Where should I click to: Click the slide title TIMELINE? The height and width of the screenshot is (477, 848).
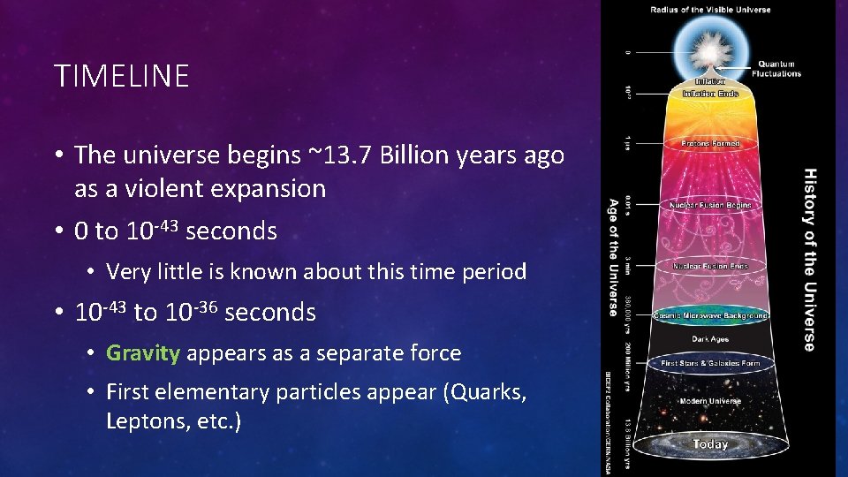click(x=122, y=76)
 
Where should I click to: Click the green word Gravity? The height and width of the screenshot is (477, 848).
click(x=143, y=353)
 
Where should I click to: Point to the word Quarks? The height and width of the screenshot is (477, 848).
click(x=485, y=392)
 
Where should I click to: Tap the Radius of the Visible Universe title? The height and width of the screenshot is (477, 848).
click(x=710, y=10)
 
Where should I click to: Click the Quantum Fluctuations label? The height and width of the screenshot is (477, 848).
click(x=776, y=69)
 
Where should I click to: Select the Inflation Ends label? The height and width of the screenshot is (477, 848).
click(x=710, y=93)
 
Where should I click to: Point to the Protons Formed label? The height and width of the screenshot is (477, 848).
click(x=710, y=143)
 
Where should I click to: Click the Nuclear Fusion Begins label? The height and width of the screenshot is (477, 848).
click(x=710, y=205)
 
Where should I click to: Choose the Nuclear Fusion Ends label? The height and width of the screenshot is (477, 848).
click(x=710, y=266)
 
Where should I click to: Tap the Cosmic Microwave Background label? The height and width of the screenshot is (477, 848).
click(x=710, y=315)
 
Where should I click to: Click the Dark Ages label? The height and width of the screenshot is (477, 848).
click(x=710, y=338)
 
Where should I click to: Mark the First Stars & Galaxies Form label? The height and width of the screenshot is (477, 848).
click(x=710, y=362)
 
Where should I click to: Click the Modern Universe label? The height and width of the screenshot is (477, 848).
click(x=710, y=401)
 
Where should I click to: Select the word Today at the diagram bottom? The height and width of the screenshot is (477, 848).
click(x=710, y=444)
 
